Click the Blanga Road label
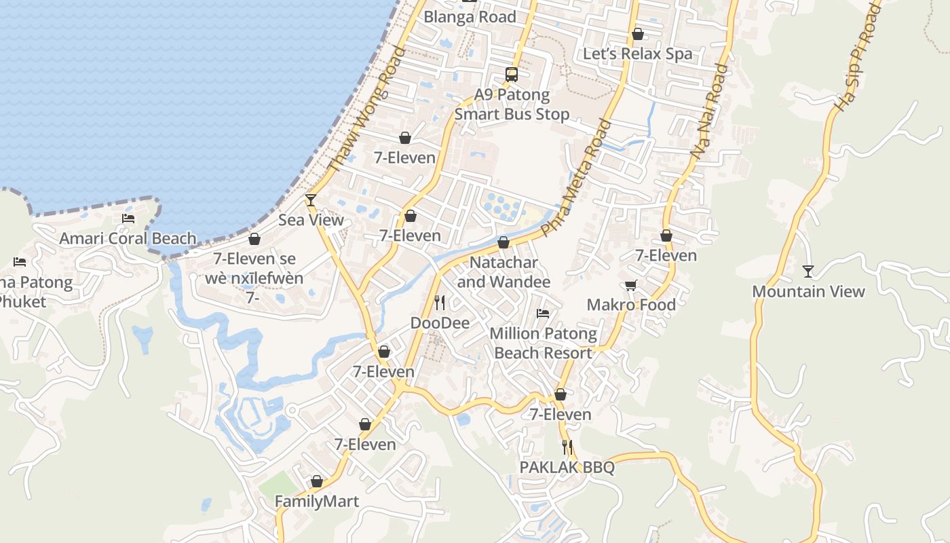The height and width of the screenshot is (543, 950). (470, 17)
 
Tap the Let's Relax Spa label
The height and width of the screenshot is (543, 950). (638, 54)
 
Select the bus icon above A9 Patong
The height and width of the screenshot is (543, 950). (512, 75)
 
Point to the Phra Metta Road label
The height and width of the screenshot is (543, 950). (577, 176)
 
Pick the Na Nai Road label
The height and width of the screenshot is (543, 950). (710, 112)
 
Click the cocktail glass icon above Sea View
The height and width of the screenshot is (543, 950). (311, 200)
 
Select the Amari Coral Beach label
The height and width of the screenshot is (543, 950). (128, 238)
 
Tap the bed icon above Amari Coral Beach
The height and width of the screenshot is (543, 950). (128, 218)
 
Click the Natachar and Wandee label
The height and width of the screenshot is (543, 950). (503, 271)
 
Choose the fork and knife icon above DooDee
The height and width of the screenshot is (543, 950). (440, 302)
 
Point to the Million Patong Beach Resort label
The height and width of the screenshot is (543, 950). (543, 343)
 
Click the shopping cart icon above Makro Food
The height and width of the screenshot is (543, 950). (631, 285)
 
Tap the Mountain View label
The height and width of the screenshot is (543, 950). (808, 292)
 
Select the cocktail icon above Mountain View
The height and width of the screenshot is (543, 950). (808, 271)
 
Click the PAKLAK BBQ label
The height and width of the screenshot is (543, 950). (567, 468)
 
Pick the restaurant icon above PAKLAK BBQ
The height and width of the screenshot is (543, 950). (567, 447)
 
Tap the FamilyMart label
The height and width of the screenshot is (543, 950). (316, 502)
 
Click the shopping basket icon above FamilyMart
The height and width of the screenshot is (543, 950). (316, 481)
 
